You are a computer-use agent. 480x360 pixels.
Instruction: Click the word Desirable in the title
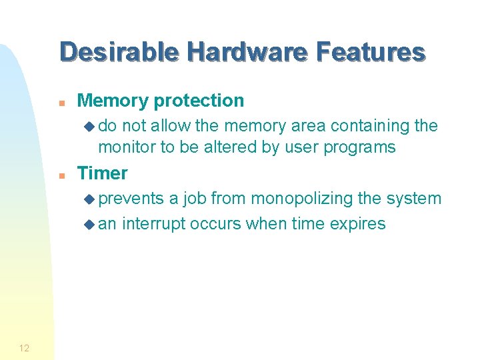click(x=119, y=52)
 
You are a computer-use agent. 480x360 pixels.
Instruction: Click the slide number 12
click(x=24, y=348)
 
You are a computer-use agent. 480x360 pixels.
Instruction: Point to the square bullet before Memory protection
click(x=61, y=103)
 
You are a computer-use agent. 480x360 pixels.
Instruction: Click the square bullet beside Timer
click(x=61, y=175)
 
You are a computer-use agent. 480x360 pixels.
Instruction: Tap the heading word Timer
click(x=102, y=173)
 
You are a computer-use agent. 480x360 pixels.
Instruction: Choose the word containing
click(x=371, y=126)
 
